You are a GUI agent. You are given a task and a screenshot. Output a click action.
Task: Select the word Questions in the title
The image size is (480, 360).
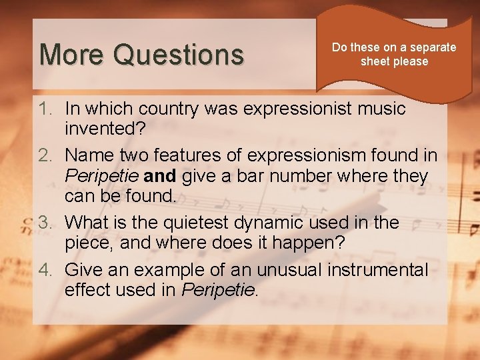[178, 55]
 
